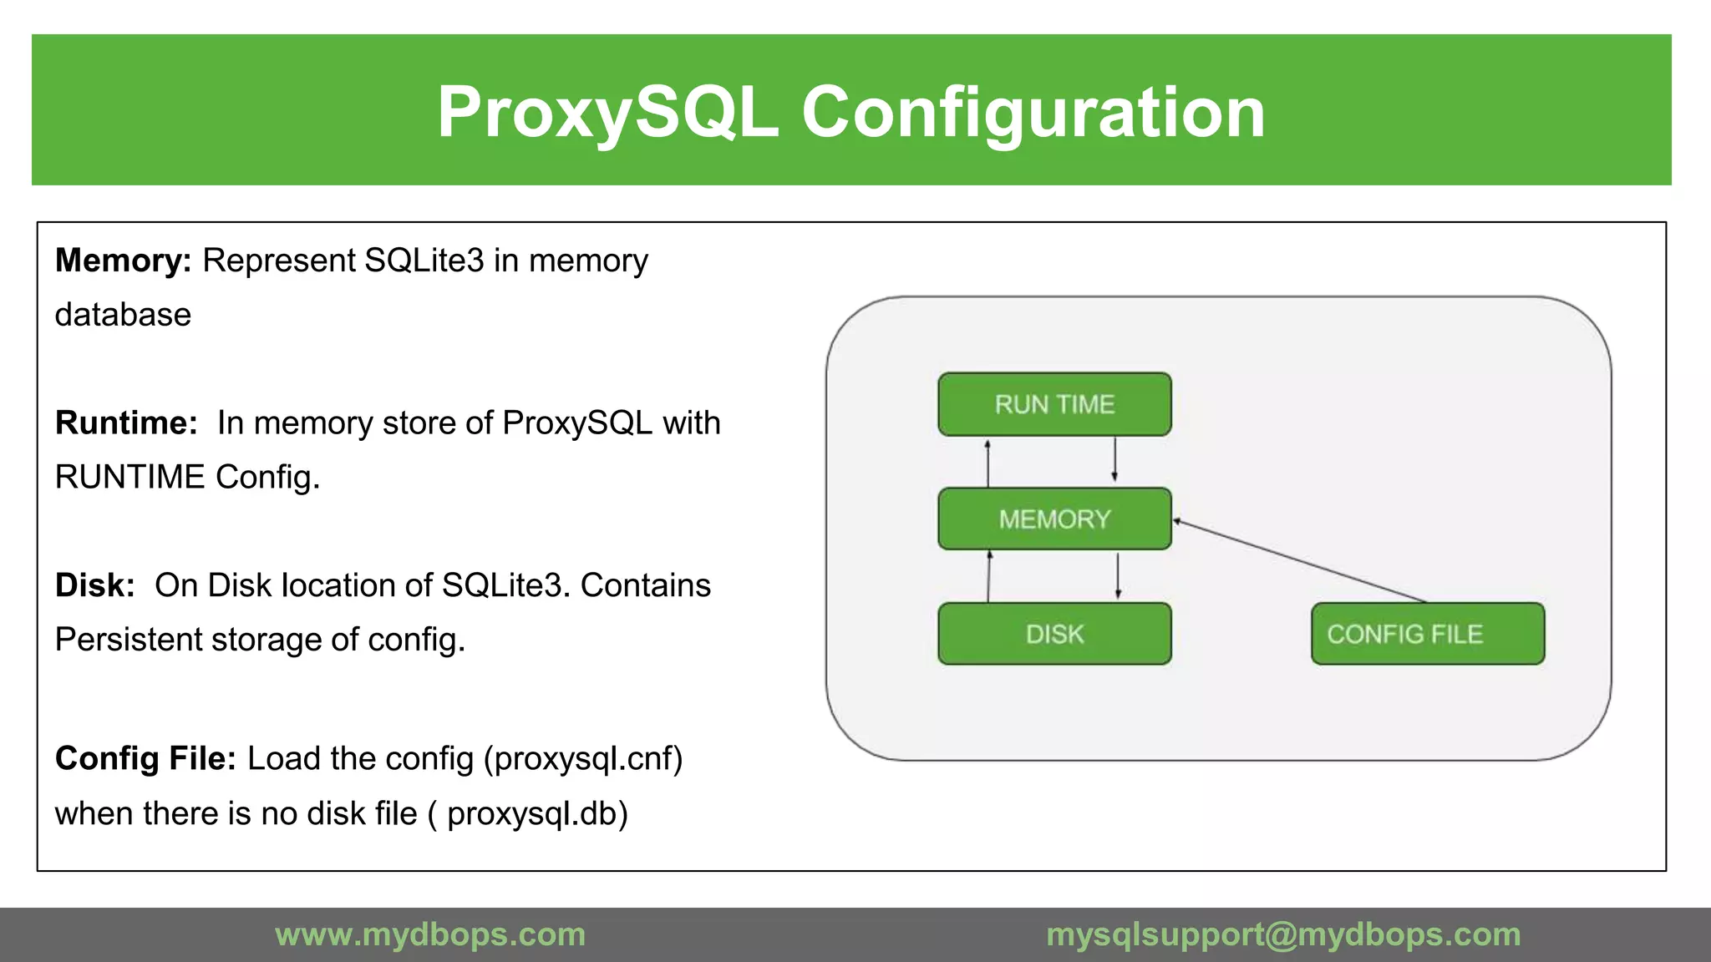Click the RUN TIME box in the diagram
tap(1054, 404)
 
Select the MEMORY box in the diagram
tap(1054, 519)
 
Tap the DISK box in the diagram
tap(1054, 634)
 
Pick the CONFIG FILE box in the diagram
tap(1427, 634)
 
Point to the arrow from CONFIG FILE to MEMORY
tap(1299, 561)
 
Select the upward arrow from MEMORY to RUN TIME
tap(988, 462)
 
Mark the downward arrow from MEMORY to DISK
tap(1118, 576)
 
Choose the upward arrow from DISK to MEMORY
tap(989, 576)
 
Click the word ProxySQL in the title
tap(608, 112)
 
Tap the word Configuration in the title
tap(1033, 112)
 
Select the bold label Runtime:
tap(126, 423)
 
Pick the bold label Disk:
tap(94, 585)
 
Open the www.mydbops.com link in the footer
tap(430, 934)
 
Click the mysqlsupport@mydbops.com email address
tap(1283, 934)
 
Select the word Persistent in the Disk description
tap(128, 640)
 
